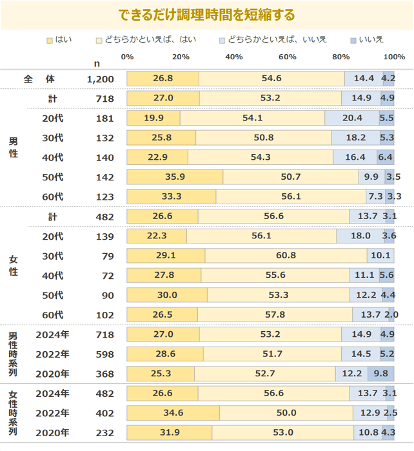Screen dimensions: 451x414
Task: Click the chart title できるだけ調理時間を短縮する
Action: [x=207, y=14]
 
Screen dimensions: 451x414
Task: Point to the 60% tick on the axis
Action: [x=287, y=57]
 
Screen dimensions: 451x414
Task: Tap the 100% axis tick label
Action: [x=394, y=57]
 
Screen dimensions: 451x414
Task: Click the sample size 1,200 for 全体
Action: [x=100, y=79]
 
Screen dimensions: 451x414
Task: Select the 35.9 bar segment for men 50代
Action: [x=175, y=177]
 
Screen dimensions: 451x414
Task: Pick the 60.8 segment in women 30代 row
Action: [x=286, y=256]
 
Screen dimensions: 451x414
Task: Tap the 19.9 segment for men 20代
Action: [x=153, y=118]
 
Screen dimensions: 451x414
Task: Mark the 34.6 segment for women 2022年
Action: [x=173, y=413]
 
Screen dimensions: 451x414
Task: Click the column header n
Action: [x=97, y=63]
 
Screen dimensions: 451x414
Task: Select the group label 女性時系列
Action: [x=12, y=413]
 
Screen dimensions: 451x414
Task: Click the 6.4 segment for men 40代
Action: [x=386, y=157]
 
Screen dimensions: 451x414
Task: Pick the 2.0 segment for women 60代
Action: [x=391, y=314]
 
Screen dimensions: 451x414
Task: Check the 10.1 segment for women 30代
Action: [x=380, y=256]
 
